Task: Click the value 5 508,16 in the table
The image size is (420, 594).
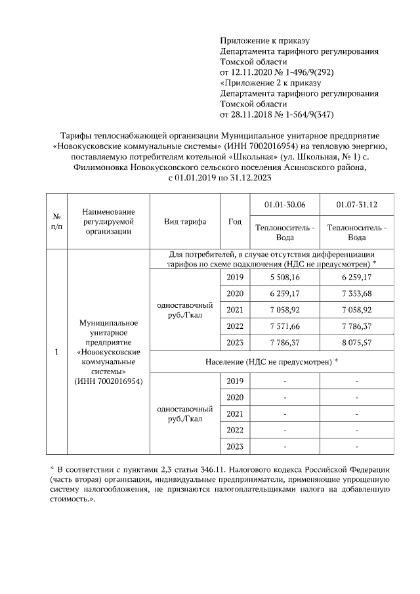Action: click(284, 278)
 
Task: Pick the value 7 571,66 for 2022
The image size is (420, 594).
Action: click(284, 326)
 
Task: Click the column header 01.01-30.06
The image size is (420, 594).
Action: click(284, 205)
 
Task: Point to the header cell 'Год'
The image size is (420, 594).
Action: click(234, 221)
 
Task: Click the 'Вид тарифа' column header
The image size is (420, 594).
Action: click(184, 221)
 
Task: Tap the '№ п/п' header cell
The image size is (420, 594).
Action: click(57, 221)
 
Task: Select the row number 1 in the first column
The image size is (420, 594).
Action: click(57, 352)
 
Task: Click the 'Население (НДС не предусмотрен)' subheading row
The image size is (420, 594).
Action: click(270, 362)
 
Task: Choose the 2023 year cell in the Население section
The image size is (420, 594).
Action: click(234, 446)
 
